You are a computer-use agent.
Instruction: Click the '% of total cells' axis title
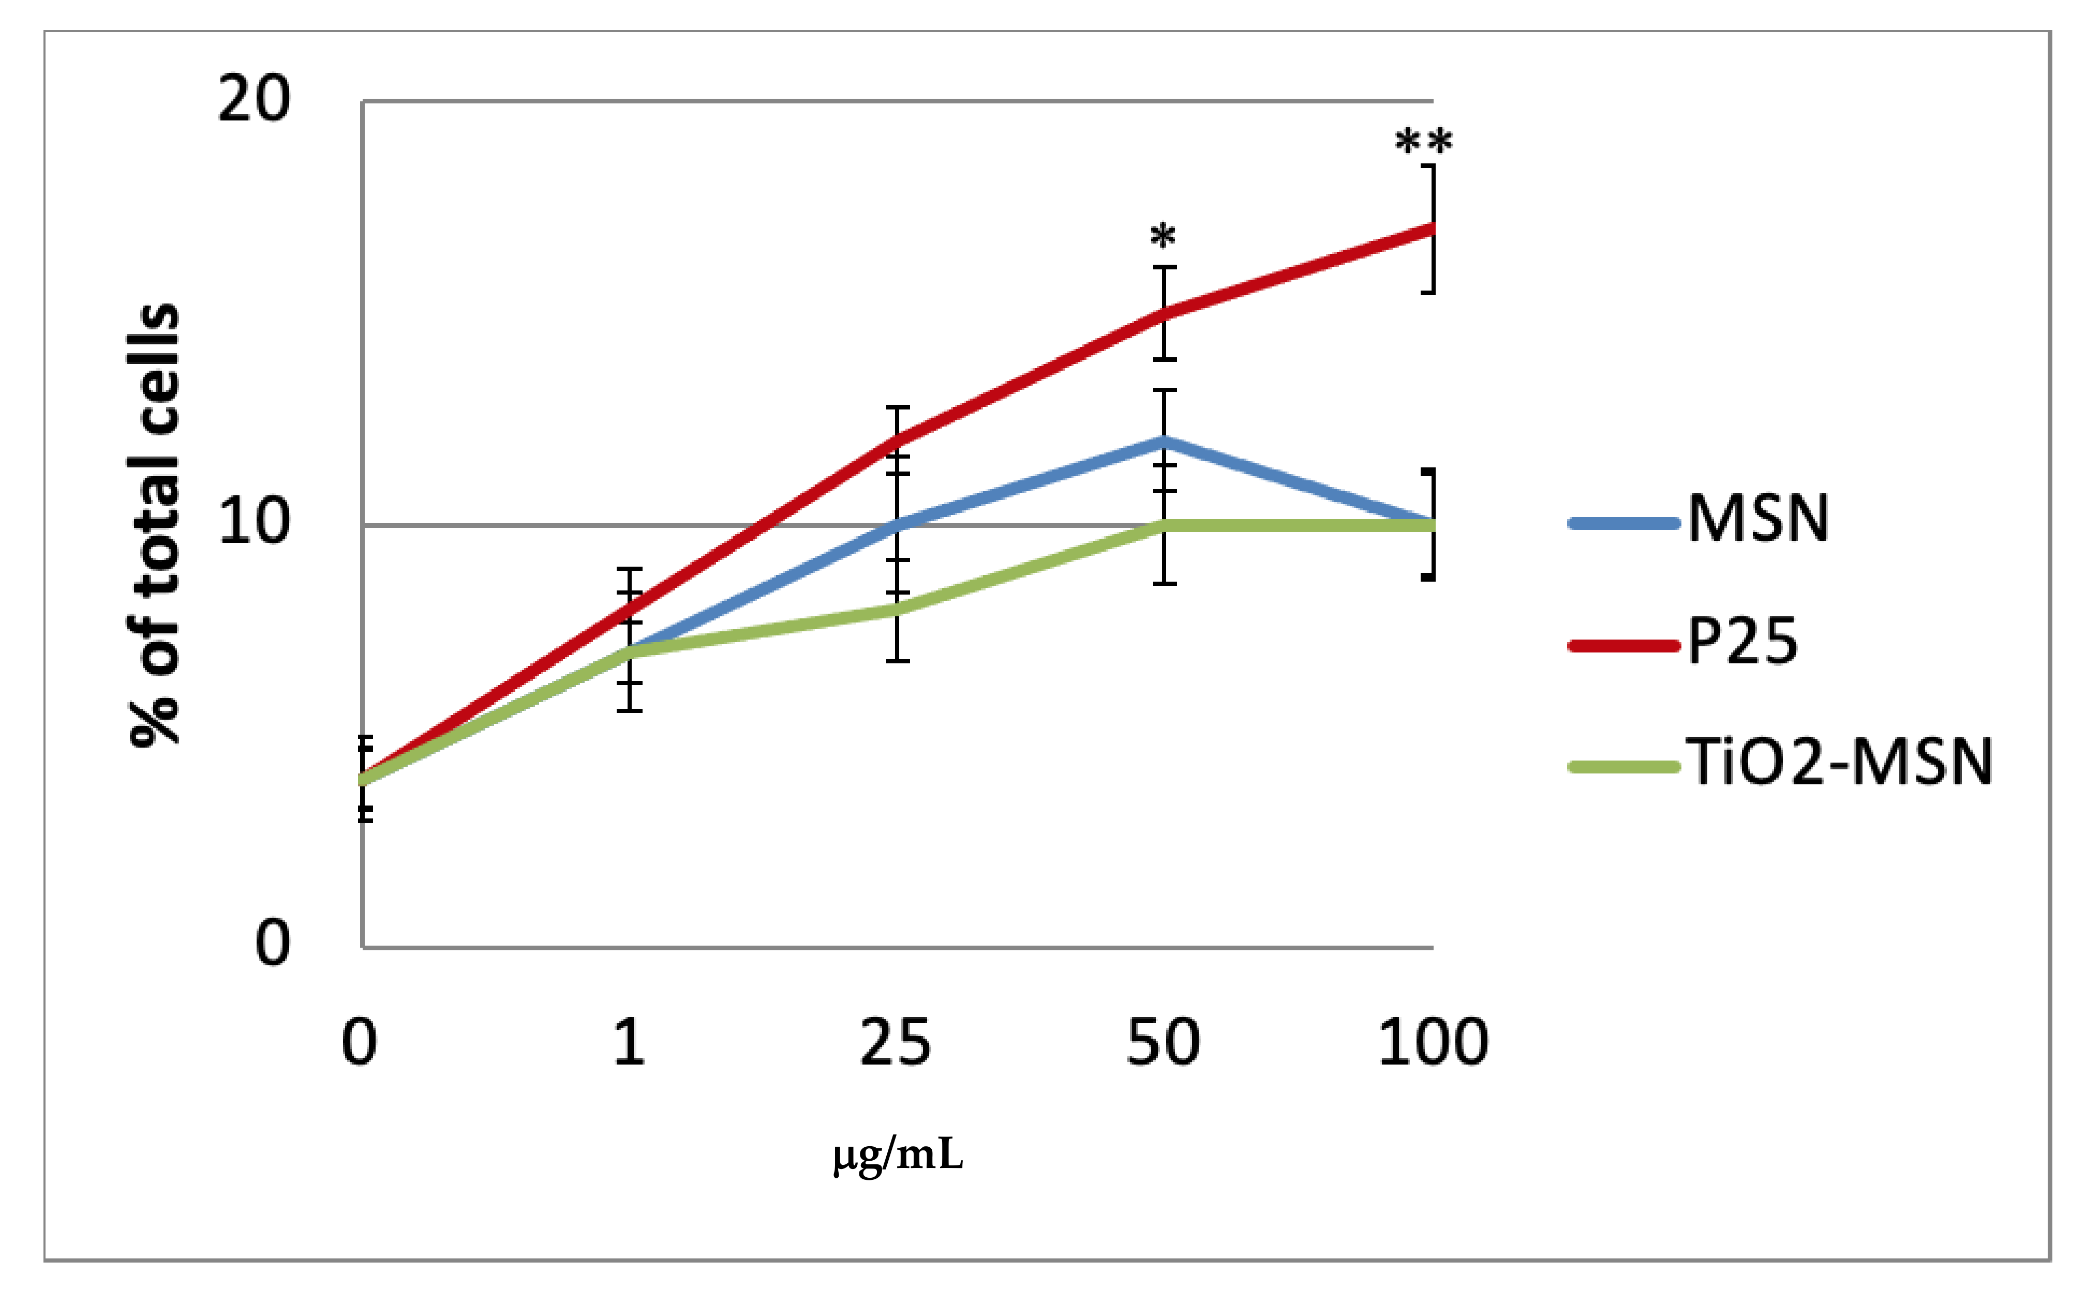[154, 525]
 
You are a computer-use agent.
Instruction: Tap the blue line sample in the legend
[1623, 523]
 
